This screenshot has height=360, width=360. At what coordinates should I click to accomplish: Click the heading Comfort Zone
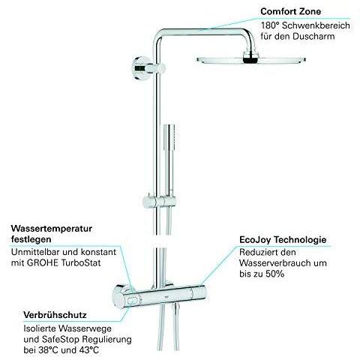291,11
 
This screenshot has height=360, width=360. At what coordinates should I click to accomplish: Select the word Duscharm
313,37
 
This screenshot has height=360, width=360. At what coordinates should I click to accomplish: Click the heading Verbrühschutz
55,315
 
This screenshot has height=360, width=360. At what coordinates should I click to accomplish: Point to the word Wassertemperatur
52,229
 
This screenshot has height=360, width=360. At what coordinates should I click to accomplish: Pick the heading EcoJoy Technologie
283,240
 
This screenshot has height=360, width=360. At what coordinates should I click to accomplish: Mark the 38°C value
46,350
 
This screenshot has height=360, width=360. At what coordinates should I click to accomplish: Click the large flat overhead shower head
250,59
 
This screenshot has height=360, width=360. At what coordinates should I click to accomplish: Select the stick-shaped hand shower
170,160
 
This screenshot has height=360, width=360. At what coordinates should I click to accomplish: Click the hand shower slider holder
160,202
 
